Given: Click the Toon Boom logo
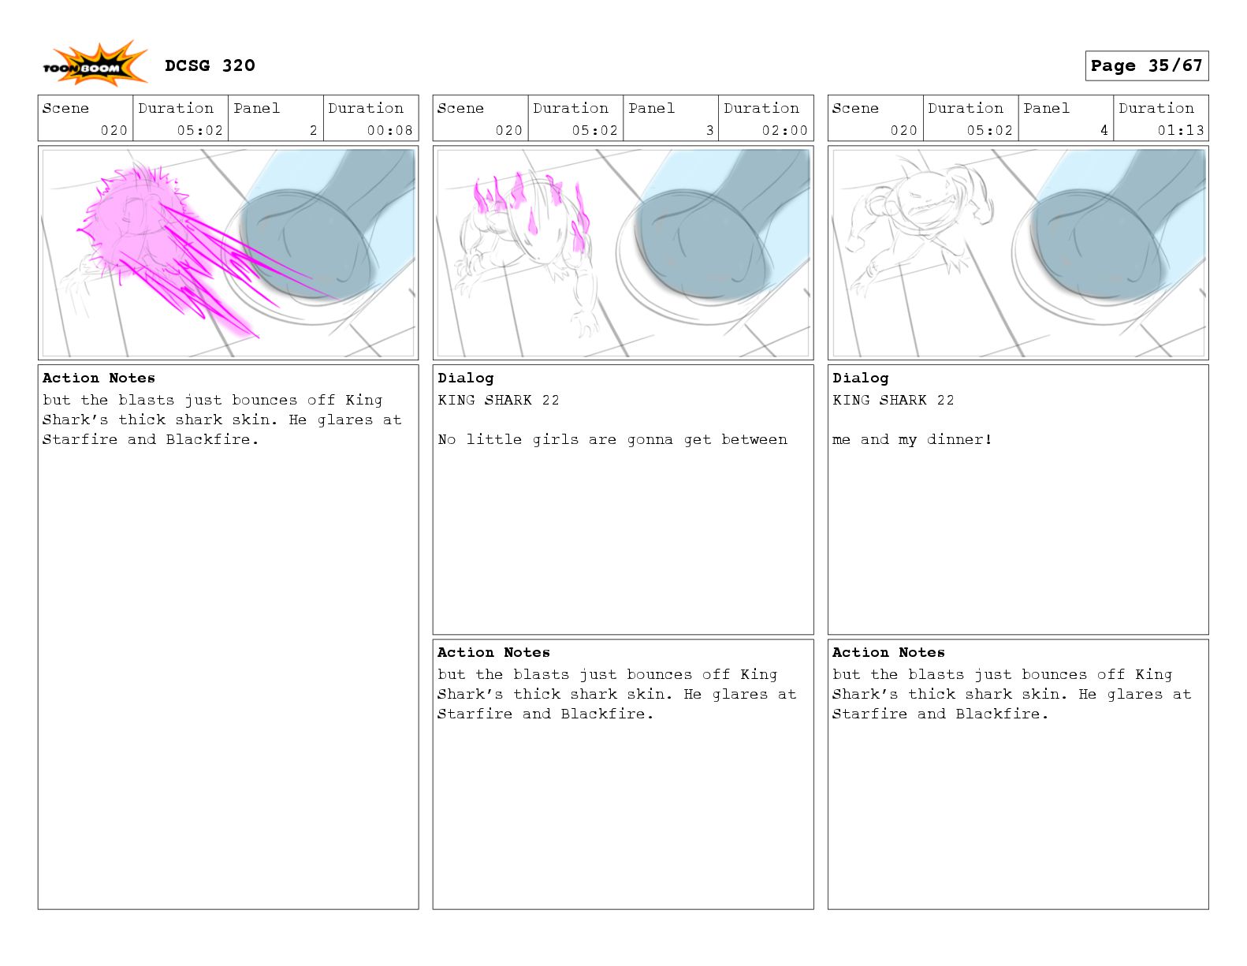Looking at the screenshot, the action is pyautogui.click(x=95, y=65).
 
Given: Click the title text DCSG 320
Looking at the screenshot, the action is pyautogui.click(x=210, y=65).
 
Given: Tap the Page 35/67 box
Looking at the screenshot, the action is pyautogui.click(x=1146, y=65).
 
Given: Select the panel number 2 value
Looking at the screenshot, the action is pyautogui.click(x=314, y=130).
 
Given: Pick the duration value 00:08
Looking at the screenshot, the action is pyautogui.click(x=389, y=130).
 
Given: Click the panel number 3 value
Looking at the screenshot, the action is pyautogui.click(x=710, y=130).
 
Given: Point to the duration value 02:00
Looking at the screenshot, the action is pyautogui.click(x=784, y=130).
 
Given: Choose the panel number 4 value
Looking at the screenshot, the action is pyautogui.click(x=1104, y=130).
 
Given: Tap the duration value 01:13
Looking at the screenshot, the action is pyautogui.click(x=1181, y=130).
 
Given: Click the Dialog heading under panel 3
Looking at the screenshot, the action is pyautogui.click(x=465, y=378).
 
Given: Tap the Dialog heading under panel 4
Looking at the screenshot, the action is pyautogui.click(x=860, y=378).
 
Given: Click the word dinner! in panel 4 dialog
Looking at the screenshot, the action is pyautogui.click(x=959, y=439).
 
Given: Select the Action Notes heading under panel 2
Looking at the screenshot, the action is pyautogui.click(x=99, y=378).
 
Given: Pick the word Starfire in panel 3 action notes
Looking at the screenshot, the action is pyautogui.click(x=475, y=714).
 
